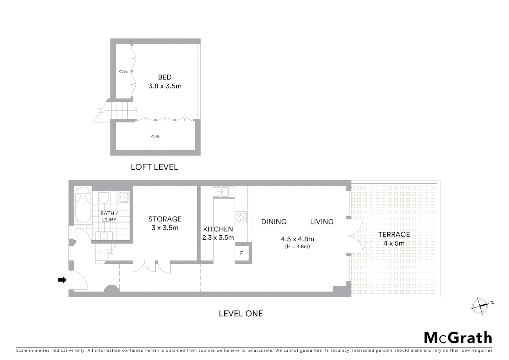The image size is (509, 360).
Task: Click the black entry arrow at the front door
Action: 62,280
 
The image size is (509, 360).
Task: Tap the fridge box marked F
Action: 241,253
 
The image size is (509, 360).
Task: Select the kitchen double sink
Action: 224,192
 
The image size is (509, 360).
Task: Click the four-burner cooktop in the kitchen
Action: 241,217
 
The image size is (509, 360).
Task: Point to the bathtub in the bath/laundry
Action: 83,205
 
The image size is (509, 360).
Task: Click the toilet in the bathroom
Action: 104,197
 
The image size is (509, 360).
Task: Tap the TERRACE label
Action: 394,235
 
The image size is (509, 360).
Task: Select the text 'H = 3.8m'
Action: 297,247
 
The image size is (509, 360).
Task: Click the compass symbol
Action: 480,306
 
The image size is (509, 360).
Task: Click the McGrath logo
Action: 458,338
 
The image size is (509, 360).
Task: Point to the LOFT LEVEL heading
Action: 154,167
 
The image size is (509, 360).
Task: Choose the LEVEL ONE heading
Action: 241,314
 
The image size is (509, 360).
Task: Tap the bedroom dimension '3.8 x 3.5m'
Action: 165,86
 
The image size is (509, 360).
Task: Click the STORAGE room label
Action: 165,219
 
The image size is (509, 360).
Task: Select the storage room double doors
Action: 152,267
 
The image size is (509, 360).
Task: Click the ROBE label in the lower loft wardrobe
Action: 155,136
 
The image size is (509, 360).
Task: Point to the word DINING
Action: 274,222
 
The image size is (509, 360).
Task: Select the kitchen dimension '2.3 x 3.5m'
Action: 218,238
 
